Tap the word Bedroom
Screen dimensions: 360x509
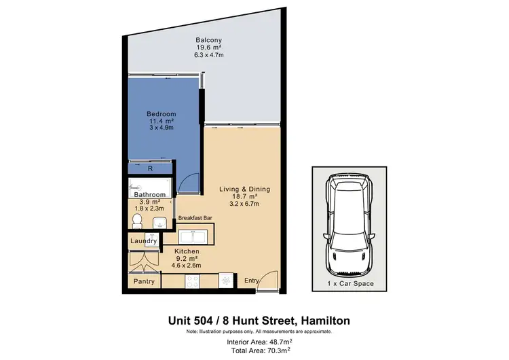tap(162, 113)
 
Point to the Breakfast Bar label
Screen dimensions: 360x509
tap(195, 218)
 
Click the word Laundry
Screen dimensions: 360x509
tap(144, 240)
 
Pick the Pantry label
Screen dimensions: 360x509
tap(144, 281)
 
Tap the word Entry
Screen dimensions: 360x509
tap(252, 281)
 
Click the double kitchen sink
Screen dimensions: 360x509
tap(195, 236)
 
